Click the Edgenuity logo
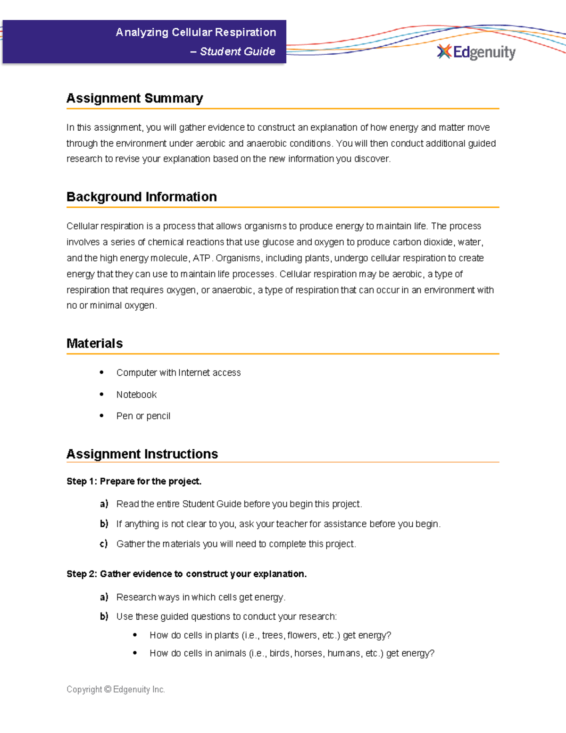[x=476, y=52]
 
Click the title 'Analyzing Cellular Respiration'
[x=196, y=32]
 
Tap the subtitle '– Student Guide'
[x=233, y=51]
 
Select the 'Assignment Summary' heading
[x=134, y=98]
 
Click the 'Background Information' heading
[x=141, y=197]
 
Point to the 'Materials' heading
[x=94, y=343]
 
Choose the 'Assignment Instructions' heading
[x=142, y=454]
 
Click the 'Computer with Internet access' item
[x=178, y=373]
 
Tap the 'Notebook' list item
[x=136, y=395]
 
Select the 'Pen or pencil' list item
[x=143, y=416]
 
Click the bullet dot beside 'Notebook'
[x=101, y=394]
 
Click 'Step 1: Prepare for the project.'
[x=134, y=481]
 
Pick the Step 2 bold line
[x=186, y=574]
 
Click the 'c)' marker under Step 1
[x=104, y=544]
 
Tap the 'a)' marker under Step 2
[x=104, y=597]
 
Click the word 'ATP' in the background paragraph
[x=201, y=258]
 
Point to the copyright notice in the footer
[x=116, y=690]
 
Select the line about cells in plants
[x=270, y=635]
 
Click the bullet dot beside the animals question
[x=135, y=653]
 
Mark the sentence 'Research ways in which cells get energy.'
[x=201, y=598]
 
